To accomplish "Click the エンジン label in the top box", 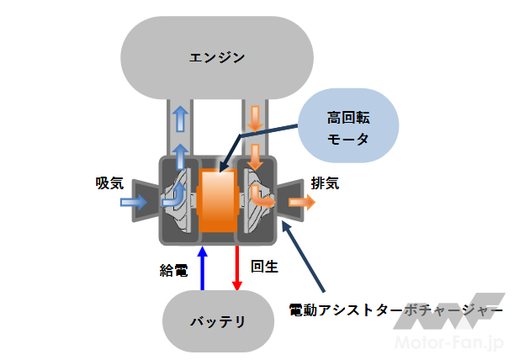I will click(217, 57).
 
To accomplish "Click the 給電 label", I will click(173, 271).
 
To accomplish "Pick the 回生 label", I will click(264, 267).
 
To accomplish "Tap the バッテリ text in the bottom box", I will click(217, 321).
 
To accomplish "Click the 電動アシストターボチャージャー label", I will click(395, 308).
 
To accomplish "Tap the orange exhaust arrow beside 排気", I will click(301, 202).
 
